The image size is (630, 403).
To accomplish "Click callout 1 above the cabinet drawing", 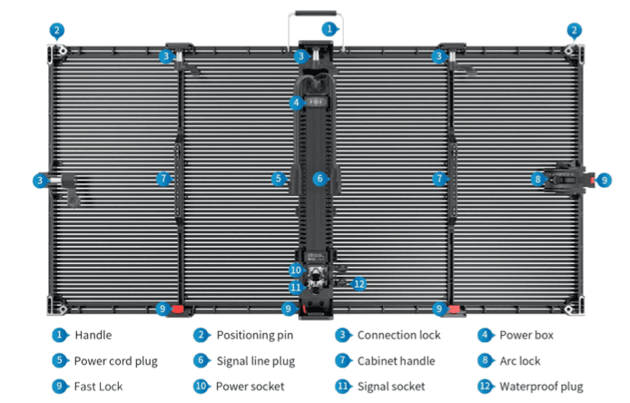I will (329, 29).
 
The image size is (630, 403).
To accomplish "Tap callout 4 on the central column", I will (297, 103).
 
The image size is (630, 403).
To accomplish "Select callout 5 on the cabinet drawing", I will (279, 179).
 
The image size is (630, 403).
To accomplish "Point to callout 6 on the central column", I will (319, 179).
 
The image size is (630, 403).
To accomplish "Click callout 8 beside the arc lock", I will (537, 180).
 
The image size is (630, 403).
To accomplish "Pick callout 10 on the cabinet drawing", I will (296, 270).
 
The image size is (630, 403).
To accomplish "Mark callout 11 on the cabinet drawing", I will (296, 287).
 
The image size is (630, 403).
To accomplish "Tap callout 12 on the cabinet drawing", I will (359, 283).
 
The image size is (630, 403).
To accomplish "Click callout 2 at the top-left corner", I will (57, 30).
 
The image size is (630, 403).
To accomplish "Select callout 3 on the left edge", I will (39, 180).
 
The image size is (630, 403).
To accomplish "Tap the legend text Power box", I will (527, 336).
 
